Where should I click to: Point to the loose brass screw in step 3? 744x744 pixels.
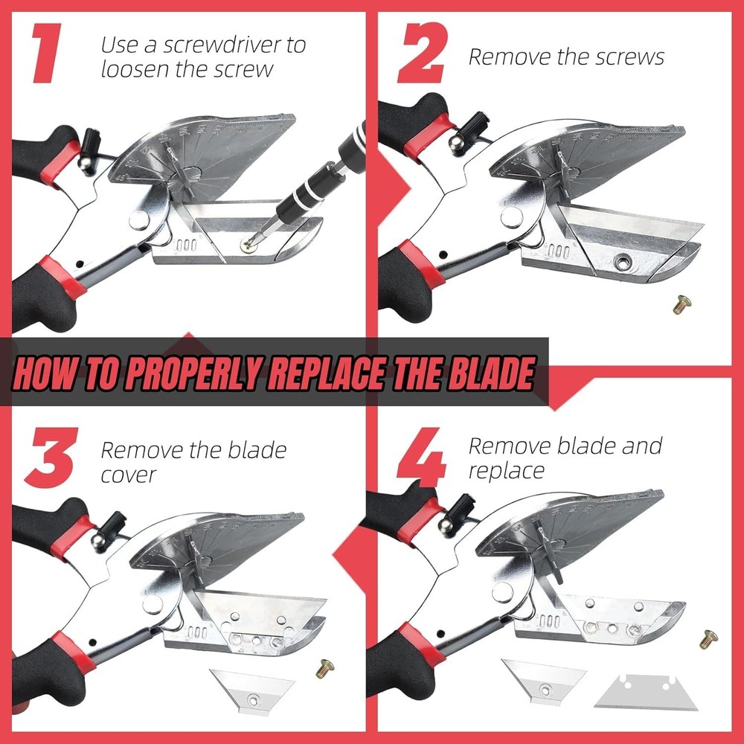tap(324, 668)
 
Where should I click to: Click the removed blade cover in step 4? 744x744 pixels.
tap(543, 679)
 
